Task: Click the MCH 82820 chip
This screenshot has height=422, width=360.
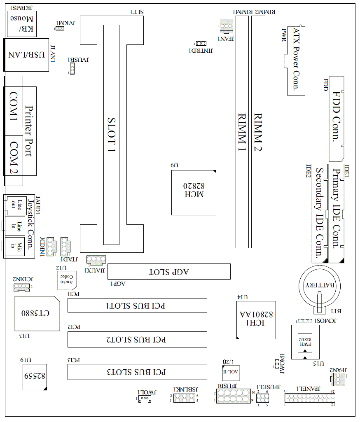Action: pyautogui.click(x=194, y=192)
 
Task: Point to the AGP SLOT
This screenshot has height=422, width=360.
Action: pyautogui.click(x=169, y=272)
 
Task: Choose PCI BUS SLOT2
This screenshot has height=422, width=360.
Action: pyautogui.click(x=137, y=339)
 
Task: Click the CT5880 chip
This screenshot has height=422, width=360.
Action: pyautogui.click(x=36, y=313)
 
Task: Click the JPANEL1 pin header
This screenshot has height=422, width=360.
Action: pyautogui.click(x=309, y=398)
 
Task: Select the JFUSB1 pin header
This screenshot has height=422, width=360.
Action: pyautogui.click(x=233, y=396)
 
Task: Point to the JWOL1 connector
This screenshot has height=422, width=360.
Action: pyautogui.click(x=144, y=399)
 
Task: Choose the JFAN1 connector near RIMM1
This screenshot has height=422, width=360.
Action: pyautogui.click(x=226, y=26)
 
